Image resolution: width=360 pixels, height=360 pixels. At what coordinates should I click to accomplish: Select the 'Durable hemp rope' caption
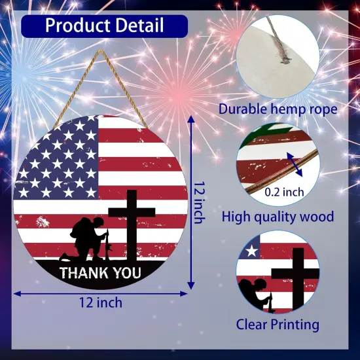[278, 109]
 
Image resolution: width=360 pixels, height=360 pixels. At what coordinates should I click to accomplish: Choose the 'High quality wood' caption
[278, 216]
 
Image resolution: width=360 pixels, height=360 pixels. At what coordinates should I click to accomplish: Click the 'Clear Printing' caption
[278, 323]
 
